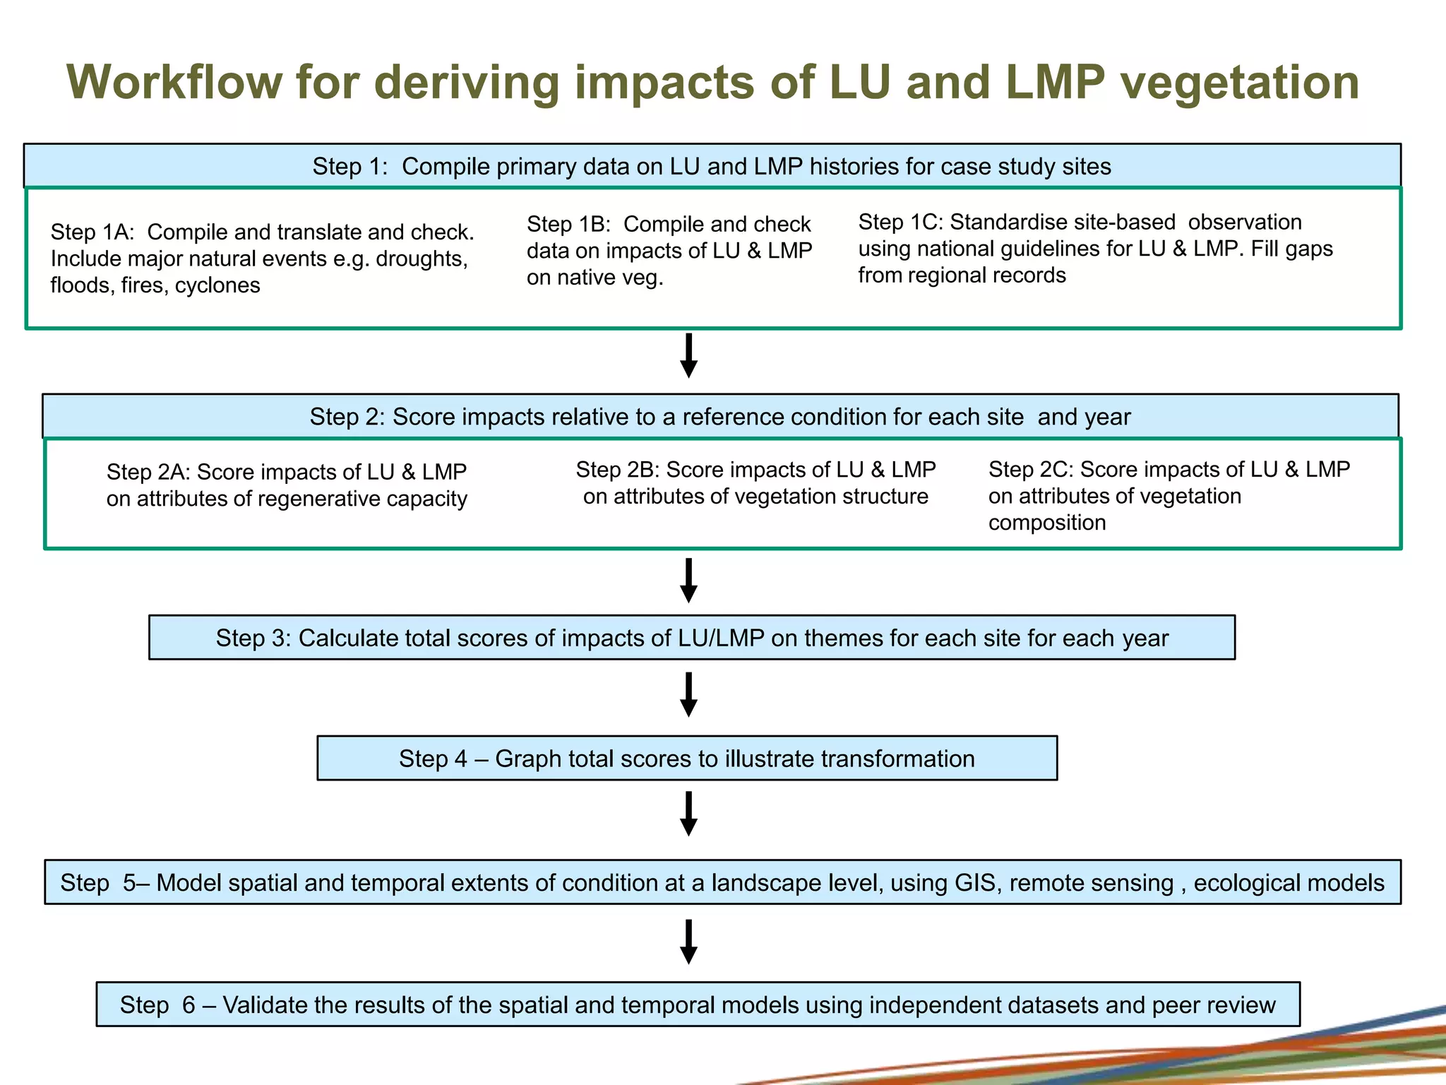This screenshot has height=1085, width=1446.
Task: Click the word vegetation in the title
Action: tap(1240, 83)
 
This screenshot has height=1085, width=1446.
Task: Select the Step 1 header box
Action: tap(712, 166)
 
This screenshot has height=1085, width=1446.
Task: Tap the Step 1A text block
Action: tap(262, 259)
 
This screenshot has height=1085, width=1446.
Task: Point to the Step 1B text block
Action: tap(669, 251)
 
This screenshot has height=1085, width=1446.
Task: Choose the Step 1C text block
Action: tap(1094, 249)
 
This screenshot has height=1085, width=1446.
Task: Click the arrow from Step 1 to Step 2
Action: tap(688, 355)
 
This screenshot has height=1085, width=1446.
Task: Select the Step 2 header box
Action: tap(719, 417)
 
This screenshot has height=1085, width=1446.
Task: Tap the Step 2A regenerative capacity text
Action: tap(287, 485)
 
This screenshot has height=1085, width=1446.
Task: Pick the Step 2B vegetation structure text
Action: tap(755, 483)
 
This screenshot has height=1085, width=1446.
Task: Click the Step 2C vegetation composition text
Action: tap(1169, 496)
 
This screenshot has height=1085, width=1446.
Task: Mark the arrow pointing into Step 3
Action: tap(688, 580)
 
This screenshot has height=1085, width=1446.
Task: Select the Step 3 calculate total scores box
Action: tap(691, 638)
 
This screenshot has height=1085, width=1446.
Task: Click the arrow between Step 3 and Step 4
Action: tap(688, 694)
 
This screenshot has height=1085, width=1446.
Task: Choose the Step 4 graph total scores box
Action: tap(686, 759)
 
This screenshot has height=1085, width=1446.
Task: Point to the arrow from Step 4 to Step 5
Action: tap(688, 814)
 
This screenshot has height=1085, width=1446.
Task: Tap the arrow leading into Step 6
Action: tap(688, 942)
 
